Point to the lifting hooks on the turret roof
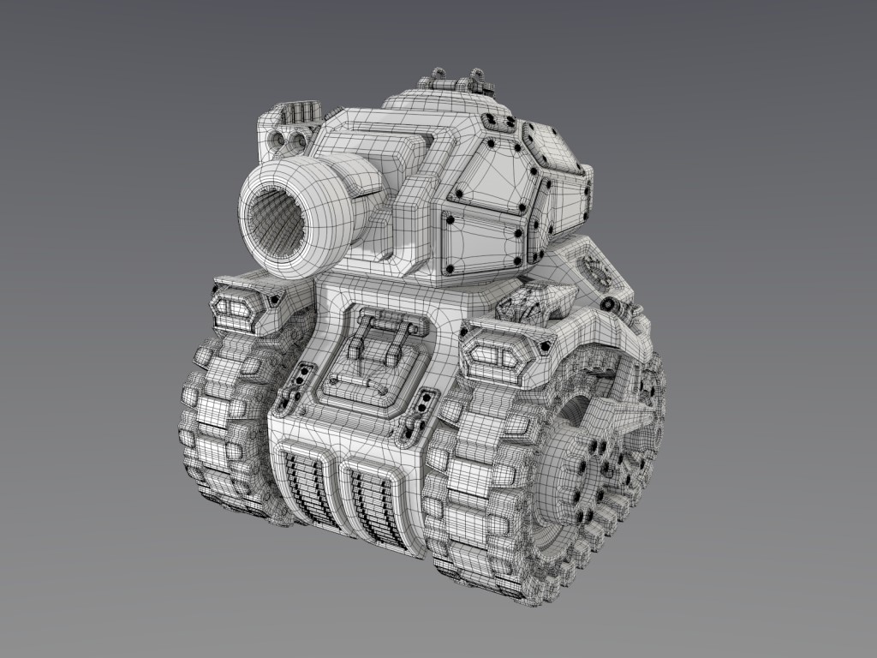(454, 79)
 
